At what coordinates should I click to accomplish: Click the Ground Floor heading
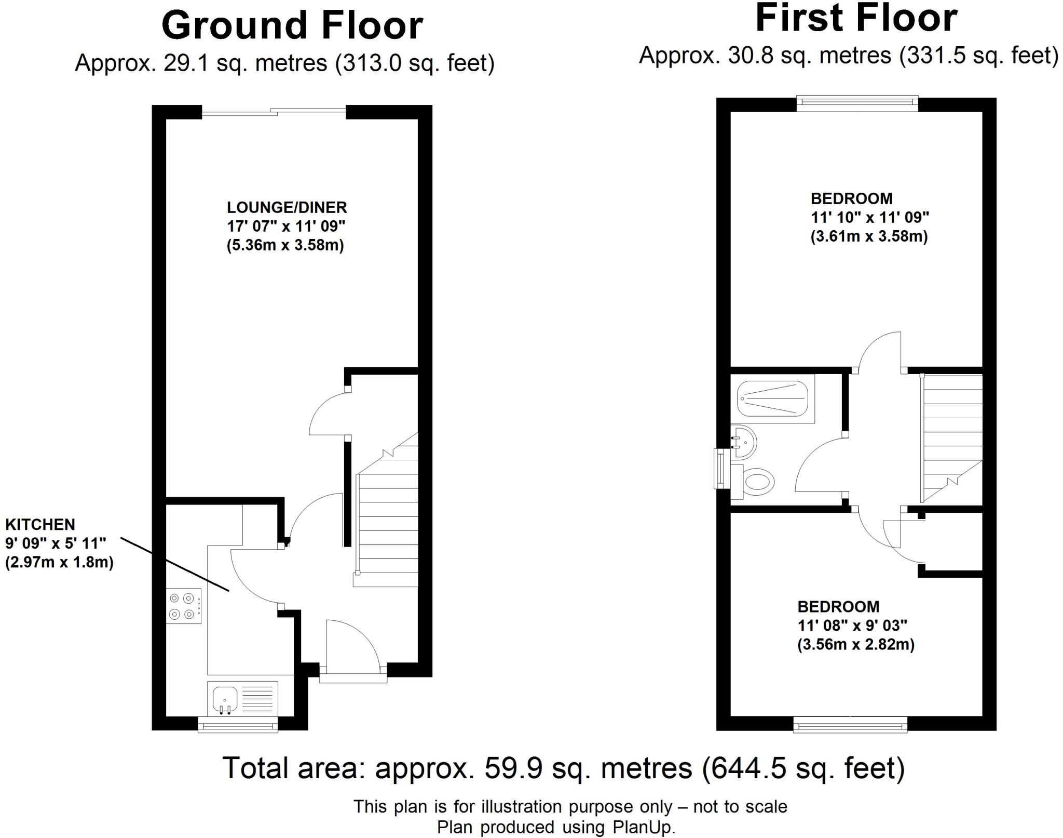292,26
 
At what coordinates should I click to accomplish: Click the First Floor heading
856,19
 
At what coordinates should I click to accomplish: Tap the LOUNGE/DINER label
287,208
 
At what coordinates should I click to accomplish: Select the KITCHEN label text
40,524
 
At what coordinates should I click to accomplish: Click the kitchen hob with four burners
185,606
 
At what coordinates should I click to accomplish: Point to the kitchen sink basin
225,699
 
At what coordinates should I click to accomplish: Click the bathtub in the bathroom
772,398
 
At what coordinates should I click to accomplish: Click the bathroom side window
721,469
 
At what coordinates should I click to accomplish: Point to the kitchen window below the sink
238,725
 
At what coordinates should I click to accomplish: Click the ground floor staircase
386,525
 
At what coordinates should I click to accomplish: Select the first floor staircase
951,436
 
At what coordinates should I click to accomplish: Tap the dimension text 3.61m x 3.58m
869,237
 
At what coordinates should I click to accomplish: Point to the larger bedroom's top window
857,102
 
